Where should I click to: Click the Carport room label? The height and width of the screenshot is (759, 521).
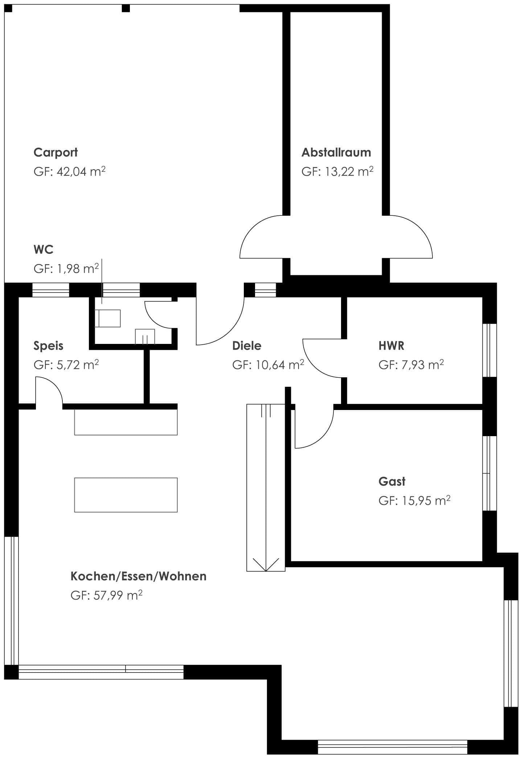pyautogui.click(x=56, y=152)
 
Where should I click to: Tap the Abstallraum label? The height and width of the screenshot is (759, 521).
pyautogui.click(x=336, y=152)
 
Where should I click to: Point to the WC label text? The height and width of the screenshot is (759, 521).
pyautogui.click(x=43, y=249)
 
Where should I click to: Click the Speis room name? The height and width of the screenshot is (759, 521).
pyautogui.click(x=48, y=345)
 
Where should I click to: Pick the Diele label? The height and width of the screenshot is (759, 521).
pyautogui.click(x=246, y=345)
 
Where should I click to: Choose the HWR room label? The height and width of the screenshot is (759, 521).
pyautogui.click(x=391, y=345)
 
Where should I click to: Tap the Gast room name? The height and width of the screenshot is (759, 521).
pyautogui.click(x=392, y=481)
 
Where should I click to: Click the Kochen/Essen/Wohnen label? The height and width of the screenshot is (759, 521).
pyautogui.click(x=138, y=576)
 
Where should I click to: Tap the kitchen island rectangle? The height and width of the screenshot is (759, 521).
pyautogui.click(x=126, y=495)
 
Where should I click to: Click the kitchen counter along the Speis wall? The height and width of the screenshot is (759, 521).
pyautogui.click(x=126, y=422)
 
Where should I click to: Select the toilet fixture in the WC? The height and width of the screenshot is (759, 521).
pyautogui.click(x=108, y=318)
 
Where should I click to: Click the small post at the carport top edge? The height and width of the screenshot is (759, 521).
pyautogui.click(x=126, y=8)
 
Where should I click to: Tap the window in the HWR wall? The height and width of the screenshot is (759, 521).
pyautogui.click(x=489, y=350)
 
